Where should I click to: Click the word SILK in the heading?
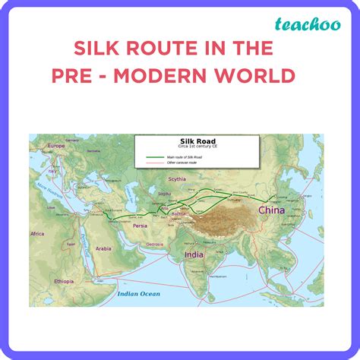99,49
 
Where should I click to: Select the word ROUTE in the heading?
169,49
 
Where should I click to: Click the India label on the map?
194,254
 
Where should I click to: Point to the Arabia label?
103,248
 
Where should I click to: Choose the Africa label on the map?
37,234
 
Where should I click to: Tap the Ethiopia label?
65,281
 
